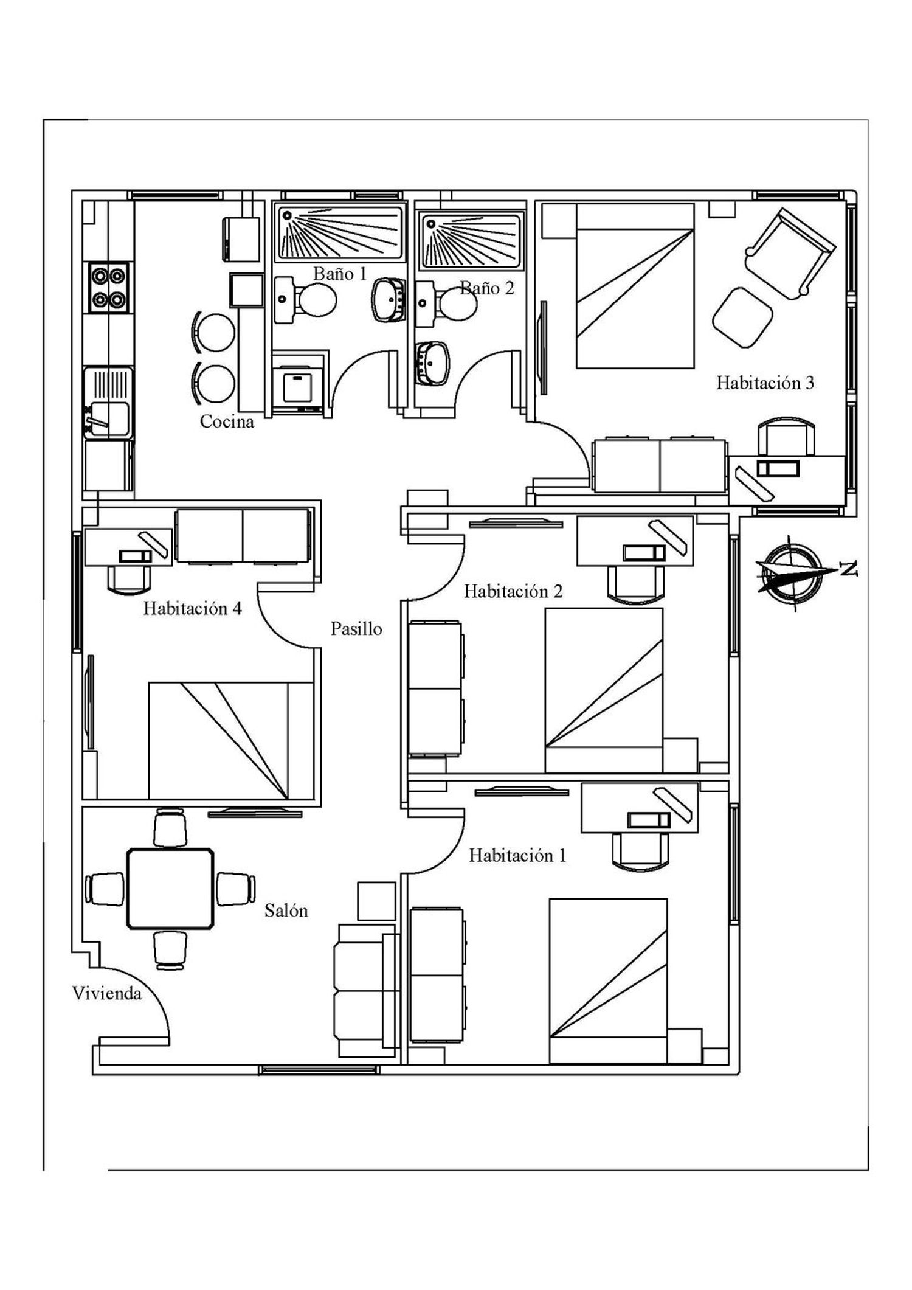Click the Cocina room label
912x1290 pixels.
[227, 421]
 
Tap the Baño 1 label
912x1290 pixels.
[340, 274]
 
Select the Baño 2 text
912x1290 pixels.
[487, 288]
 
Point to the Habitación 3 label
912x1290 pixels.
[765, 383]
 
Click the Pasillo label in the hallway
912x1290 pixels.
[356, 628]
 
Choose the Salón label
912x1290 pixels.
[286, 910]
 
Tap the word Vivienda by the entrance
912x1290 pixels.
[107, 993]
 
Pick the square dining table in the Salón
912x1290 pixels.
[170, 889]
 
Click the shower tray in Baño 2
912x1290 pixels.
[472, 241]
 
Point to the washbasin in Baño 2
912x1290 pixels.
[433, 363]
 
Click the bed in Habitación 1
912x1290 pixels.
[608, 980]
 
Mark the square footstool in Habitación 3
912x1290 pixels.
[742, 316]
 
